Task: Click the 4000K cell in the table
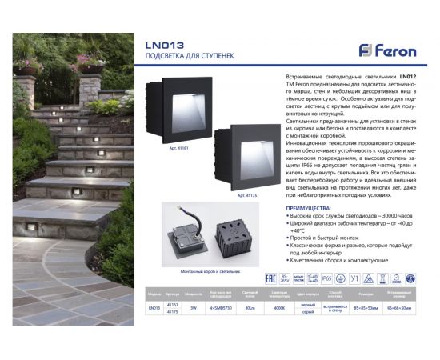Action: tap(279, 307)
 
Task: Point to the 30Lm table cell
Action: tap(250, 307)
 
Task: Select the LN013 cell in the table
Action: tap(154, 307)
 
